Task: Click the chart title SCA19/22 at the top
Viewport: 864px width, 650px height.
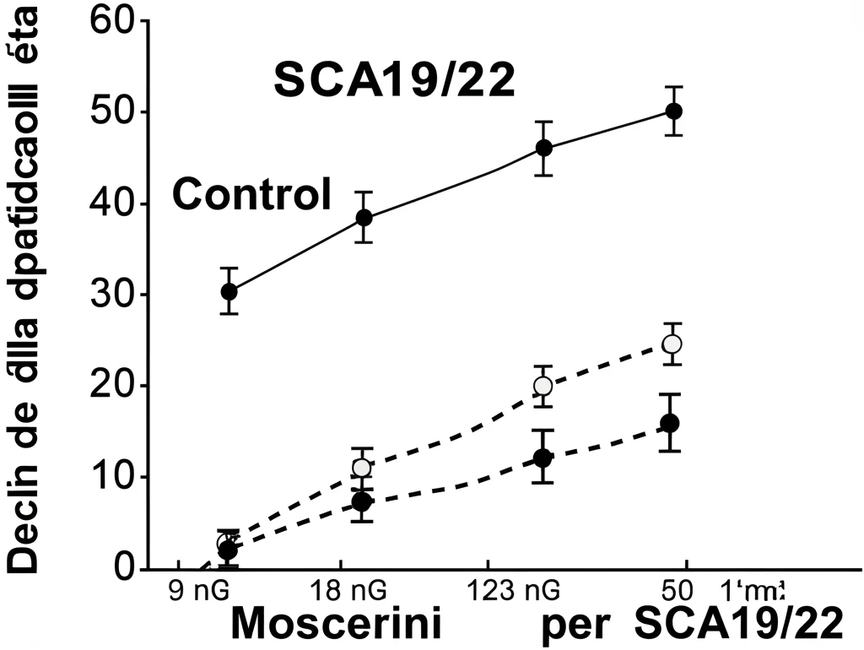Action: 394,83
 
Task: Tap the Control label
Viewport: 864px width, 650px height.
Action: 251,195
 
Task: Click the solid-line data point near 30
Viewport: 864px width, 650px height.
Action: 229,291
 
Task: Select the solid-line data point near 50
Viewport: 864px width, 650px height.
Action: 673,111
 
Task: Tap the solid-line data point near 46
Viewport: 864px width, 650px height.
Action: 544,149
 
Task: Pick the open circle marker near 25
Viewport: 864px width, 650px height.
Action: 672,344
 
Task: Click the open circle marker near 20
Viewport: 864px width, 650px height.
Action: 543,386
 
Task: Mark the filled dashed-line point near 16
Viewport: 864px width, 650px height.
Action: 670,423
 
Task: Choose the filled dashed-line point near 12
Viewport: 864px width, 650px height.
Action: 543,458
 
